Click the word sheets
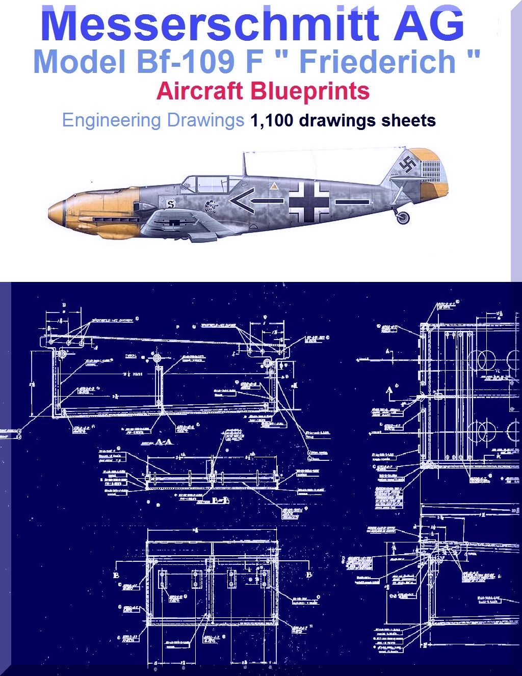click(410, 120)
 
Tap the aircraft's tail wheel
click(403, 218)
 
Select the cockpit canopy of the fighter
click(206, 184)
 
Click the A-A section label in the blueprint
click(164, 441)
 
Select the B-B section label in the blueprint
click(220, 500)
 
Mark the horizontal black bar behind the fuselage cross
click(352, 202)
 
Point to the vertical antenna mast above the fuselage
click(244, 164)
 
